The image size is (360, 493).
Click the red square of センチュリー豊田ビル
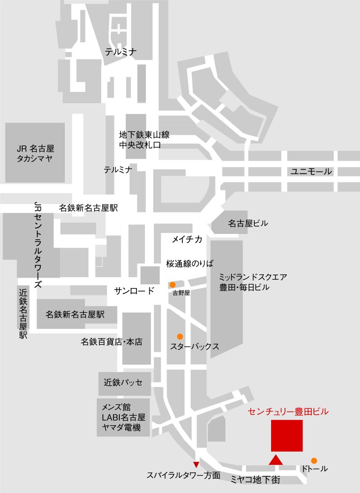pos(287,435)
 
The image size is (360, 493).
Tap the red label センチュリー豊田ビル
pos(288,411)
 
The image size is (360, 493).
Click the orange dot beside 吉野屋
pos(172,285)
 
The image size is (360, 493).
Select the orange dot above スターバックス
pos(180,337)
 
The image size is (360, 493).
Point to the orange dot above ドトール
pos(314,461)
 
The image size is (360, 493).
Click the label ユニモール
pos(311,172)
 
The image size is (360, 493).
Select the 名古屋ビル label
pos(248,224)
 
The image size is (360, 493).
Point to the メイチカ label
pos(187,239)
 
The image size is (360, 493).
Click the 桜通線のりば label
pos(190,263)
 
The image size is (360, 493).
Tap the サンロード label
pos(135,290)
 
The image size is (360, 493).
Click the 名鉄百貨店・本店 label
pos(111,342)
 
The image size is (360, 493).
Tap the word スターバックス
pos(194,347)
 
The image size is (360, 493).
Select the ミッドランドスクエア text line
pos(253,277)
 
